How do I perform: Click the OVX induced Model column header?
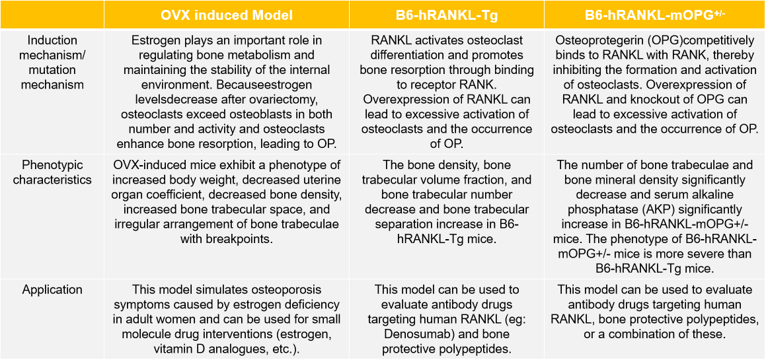(x=227, y=15)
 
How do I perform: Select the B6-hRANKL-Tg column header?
(x=447, y=15)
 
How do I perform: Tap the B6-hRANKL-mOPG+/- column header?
(x=655, y=15)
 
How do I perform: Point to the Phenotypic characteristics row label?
(x=52, y=172)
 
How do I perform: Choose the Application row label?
(x=52, y=290)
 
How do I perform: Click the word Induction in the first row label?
(x=52, y=40)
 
